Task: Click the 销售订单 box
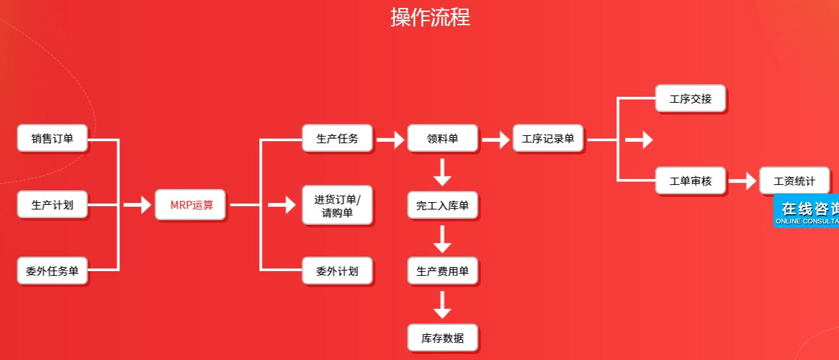[52, 139]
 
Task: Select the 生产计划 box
[52, 205]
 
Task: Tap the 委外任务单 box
[52, 270]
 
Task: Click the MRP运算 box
[191, 205]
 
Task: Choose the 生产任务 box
[337, 139]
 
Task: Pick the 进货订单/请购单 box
[337, 206]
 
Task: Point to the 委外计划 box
[337, 270]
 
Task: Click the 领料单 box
[442, 139]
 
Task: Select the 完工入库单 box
[442, 206]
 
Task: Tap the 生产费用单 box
[442, 270]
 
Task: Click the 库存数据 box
[442, 338]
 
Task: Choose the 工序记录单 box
[548, 139]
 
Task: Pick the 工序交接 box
[691, 99]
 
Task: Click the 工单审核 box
[691, 180]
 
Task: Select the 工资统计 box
[794, 180]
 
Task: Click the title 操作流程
[430, 17]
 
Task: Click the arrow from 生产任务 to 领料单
[390, 139]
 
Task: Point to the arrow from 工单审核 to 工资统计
[743, 180]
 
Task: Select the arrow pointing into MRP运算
[138, 206]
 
